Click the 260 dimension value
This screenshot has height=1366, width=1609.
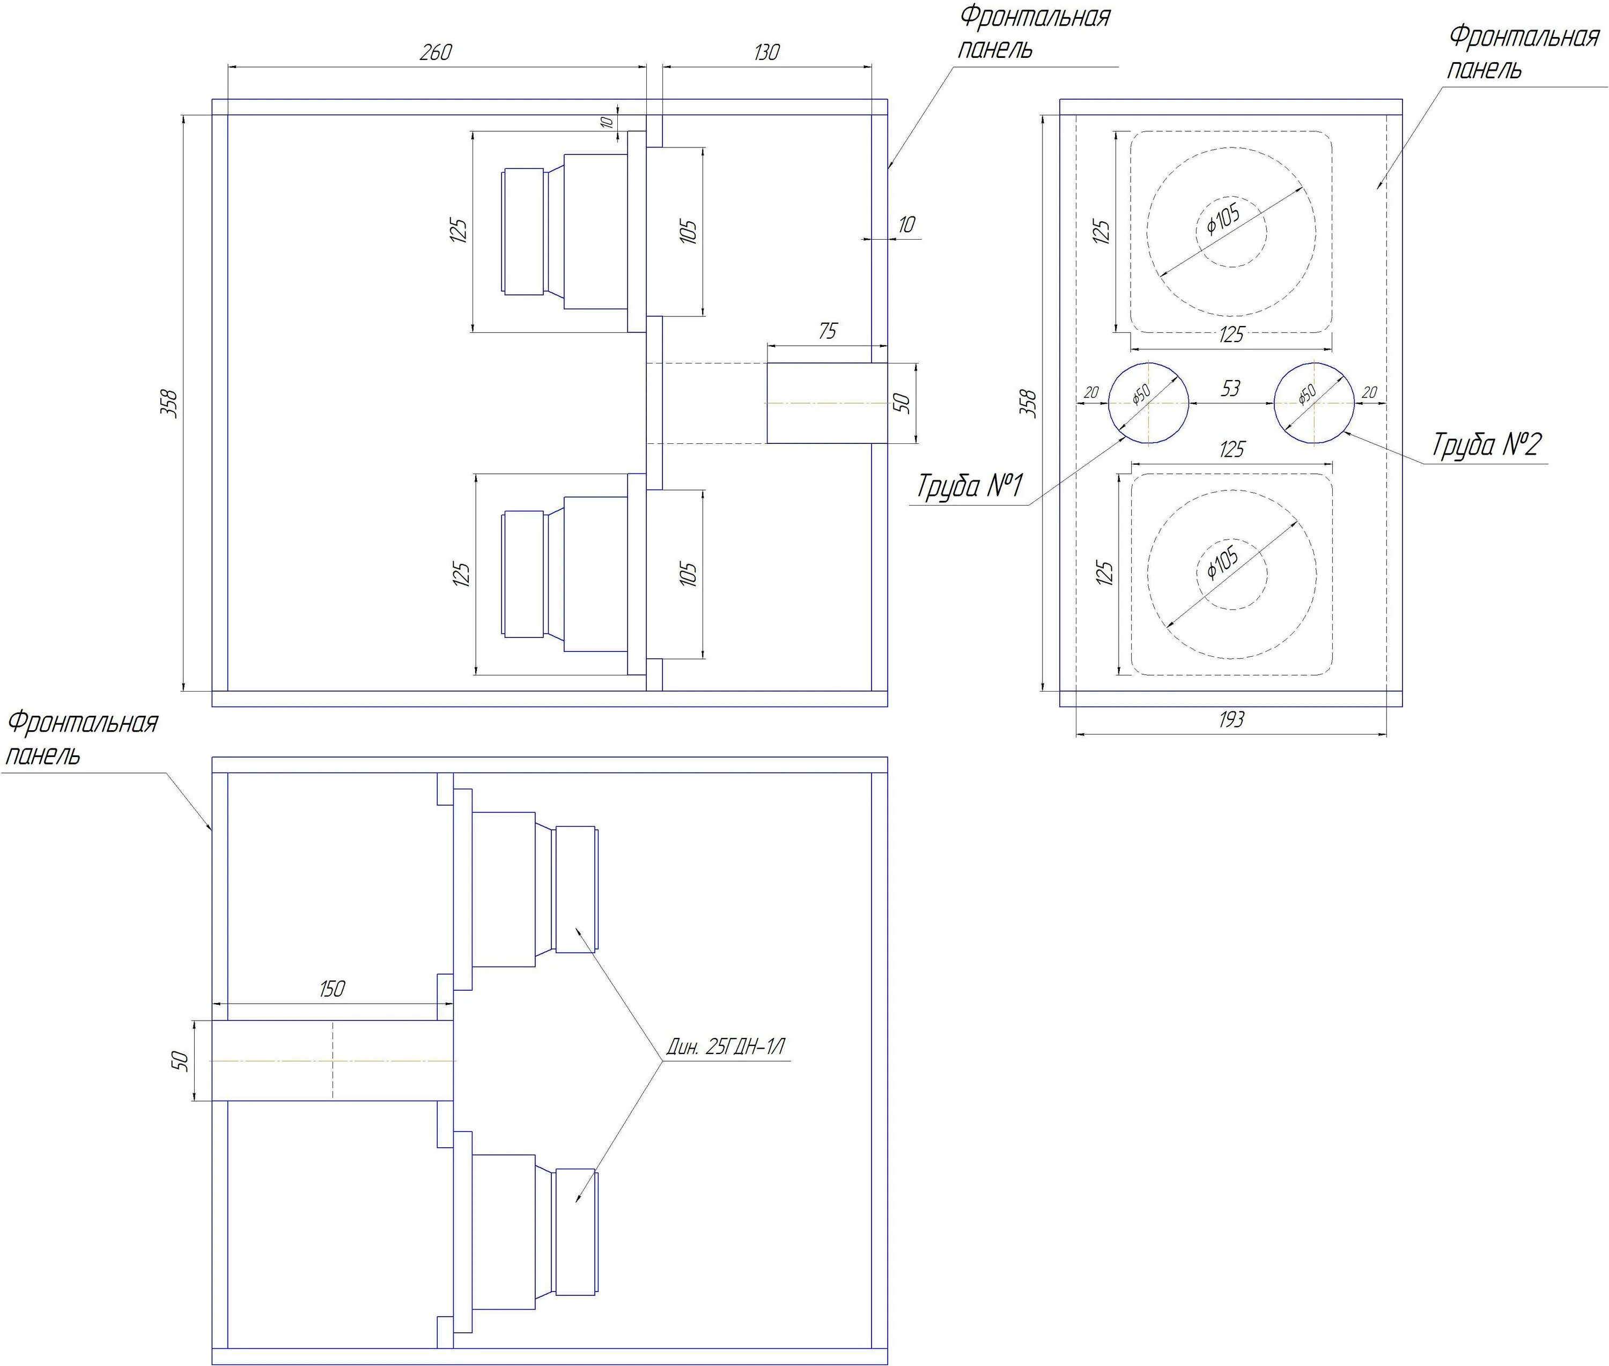point(436,53)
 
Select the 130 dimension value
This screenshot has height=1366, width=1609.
point(766,53)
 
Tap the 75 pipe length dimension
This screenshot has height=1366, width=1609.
point(828,331)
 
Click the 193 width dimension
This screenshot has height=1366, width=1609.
point(1231,720)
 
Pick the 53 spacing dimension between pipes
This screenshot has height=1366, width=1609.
point(1231,389)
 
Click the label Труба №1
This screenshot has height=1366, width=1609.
point(970,486)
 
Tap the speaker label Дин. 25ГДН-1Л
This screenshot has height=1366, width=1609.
point(726,1048)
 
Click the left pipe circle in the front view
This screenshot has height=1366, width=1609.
point(1149,403)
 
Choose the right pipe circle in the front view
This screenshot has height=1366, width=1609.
point(1315,403)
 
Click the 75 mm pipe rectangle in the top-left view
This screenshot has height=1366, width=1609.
point(826,403)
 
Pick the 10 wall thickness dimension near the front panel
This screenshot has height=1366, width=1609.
point(905,225)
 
